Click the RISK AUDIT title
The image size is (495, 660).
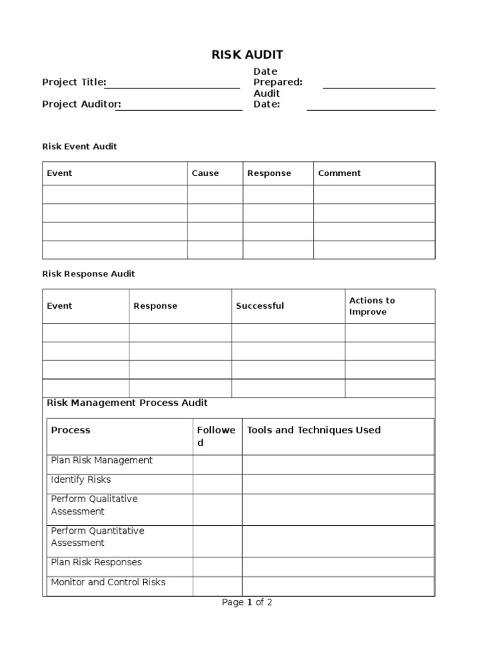[x=247, y=55]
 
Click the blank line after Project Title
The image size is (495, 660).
[x=172, y=86]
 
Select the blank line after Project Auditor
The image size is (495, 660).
[x=179, y=108]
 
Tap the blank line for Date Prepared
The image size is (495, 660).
[x=378, y=86]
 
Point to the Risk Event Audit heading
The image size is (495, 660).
[x=79, y=146]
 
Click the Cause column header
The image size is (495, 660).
[x=205, y=173]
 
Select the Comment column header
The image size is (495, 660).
[x=339, y=173]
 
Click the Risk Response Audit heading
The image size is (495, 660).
[x=88, y=274]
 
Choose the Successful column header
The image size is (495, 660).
[x=259, y=306]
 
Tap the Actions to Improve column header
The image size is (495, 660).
[x=372, y=306]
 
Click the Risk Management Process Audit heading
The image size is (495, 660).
[x=127, y=403]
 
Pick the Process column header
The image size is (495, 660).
[x=70, y=430]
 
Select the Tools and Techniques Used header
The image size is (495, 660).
[x=314, y=430]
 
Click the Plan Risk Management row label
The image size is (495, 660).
[x=101, y=460]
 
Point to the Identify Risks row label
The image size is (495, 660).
[x=81, y=480]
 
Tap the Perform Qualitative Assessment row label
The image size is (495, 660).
[x=93, y=505]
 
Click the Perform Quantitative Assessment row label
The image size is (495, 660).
[x=97, y=537]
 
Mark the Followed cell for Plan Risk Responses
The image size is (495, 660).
[x=217, y=567]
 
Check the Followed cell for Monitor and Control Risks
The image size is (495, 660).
[x=217, y=586]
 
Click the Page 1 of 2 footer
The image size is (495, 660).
[x=247, y=603]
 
